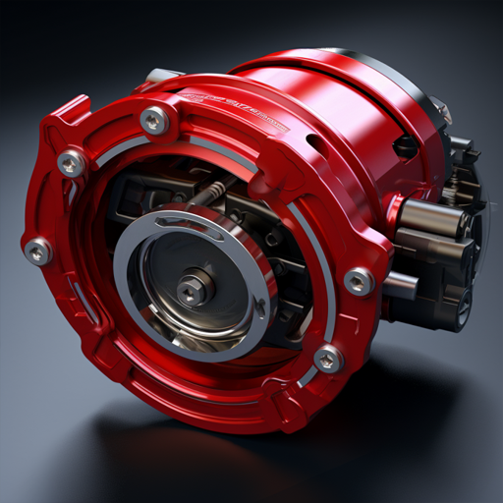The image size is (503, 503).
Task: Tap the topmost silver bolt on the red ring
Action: point(154,121)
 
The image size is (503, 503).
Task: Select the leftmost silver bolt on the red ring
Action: point(38,252)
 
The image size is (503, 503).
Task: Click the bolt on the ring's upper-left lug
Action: point(71,163)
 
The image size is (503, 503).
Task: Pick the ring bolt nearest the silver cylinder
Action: point(359,282)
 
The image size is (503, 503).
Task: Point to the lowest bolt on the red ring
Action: point(328,360)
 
